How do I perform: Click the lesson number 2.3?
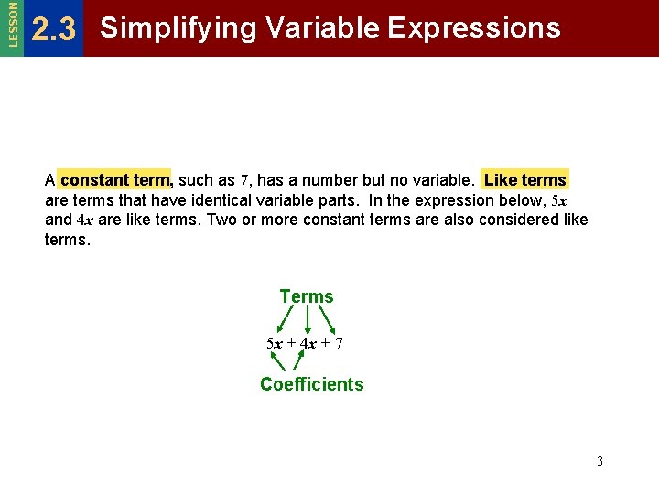[53, 30]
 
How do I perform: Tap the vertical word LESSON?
[11, 25]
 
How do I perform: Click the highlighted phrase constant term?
[115, 179]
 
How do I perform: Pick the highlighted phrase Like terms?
[525, 179]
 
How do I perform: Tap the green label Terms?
[307, 296]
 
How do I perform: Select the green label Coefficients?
[311, 384]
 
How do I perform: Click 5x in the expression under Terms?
[275, 344]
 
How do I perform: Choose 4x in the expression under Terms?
[308, 344]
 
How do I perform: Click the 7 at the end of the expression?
[339, 344]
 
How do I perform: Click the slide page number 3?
[600, 461]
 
